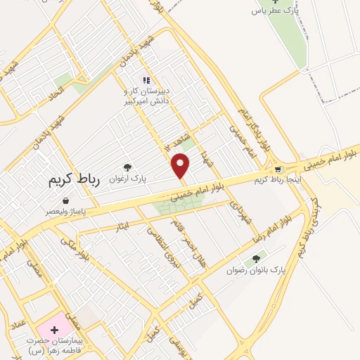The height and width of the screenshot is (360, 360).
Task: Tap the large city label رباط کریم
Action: pos(75,181)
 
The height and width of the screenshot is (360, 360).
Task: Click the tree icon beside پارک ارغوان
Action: pos(127,167)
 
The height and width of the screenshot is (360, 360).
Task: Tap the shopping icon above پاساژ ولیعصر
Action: pos(65,201)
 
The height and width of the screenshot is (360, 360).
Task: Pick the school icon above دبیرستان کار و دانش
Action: pos(147,80)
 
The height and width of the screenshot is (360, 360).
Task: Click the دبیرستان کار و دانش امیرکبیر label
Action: pos(147,96)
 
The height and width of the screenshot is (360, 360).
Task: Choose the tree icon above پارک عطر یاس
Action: pos(274,1)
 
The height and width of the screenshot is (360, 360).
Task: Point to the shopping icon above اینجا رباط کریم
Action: pos(280,169)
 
